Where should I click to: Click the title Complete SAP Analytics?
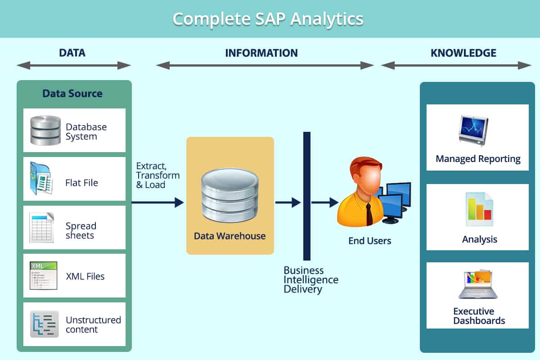(x=268, y=19)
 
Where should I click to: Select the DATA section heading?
(x=72, y=53)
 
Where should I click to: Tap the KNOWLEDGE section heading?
(x=463, y=53)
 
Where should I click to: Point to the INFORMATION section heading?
(x=261, y=53)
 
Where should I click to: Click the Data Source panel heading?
(x=72, y=93)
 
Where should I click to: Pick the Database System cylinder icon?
(x=45, y=130)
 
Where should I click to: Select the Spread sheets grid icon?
(x=41, y=227)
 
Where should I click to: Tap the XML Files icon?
(x=43, y=275)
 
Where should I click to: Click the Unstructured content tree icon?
(x=45, y=324)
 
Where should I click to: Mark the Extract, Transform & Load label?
(x=158, y=175)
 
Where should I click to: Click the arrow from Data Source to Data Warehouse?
(x=157, y=202)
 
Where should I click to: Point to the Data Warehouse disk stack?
(x=230, y=195)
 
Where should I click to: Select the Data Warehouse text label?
(x=230, y=236)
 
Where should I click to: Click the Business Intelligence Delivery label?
(x=311, y=280)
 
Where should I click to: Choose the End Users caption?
(x=370, y=241)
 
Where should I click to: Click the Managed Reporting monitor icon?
(x=473, y=130)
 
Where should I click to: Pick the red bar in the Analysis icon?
(x=488, y=214)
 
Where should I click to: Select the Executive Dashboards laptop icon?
(x=478, y=284)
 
